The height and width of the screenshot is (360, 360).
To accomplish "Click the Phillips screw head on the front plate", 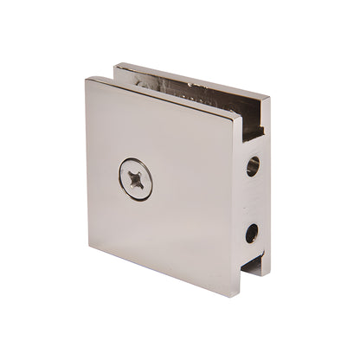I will click(x=136, y=179).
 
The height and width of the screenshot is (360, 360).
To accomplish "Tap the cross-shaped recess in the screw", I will click(x=136, y=179).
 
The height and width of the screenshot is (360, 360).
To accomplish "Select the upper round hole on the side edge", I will click(x=253, y=165).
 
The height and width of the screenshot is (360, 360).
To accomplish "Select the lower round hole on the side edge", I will click(x=252, y=233).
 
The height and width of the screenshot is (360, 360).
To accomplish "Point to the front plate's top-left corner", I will click(x=87, y=80).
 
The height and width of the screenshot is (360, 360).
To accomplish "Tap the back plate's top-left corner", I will click(x=116, y=64).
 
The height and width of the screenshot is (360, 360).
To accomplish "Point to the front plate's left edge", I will click(x=88, y=164).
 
